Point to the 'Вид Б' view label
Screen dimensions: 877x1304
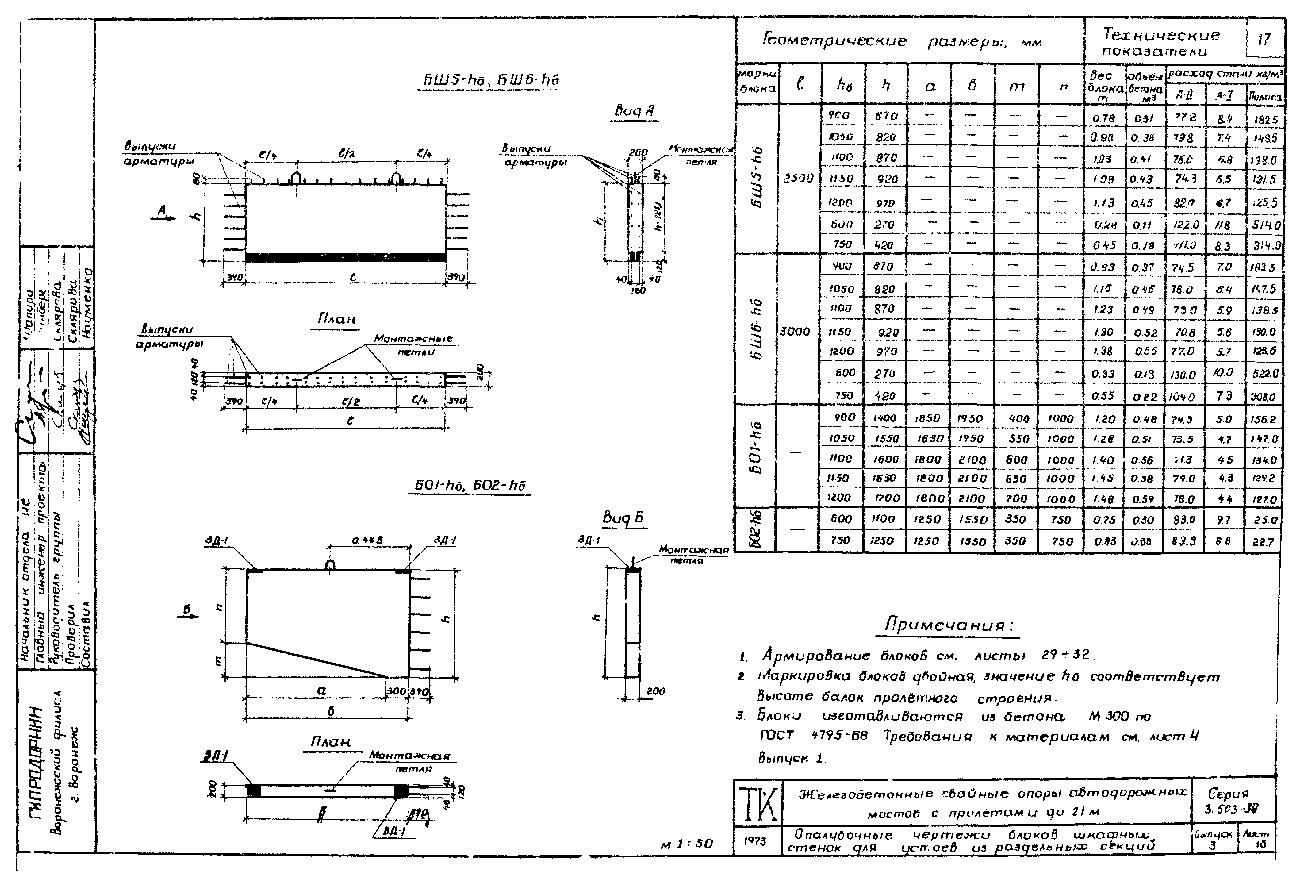tap(623, 518)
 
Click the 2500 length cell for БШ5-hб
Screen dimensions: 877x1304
tap(799, 179)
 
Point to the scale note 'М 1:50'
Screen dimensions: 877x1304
tap(686, 844)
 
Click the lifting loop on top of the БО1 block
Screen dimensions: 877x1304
tap(331, 565)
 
